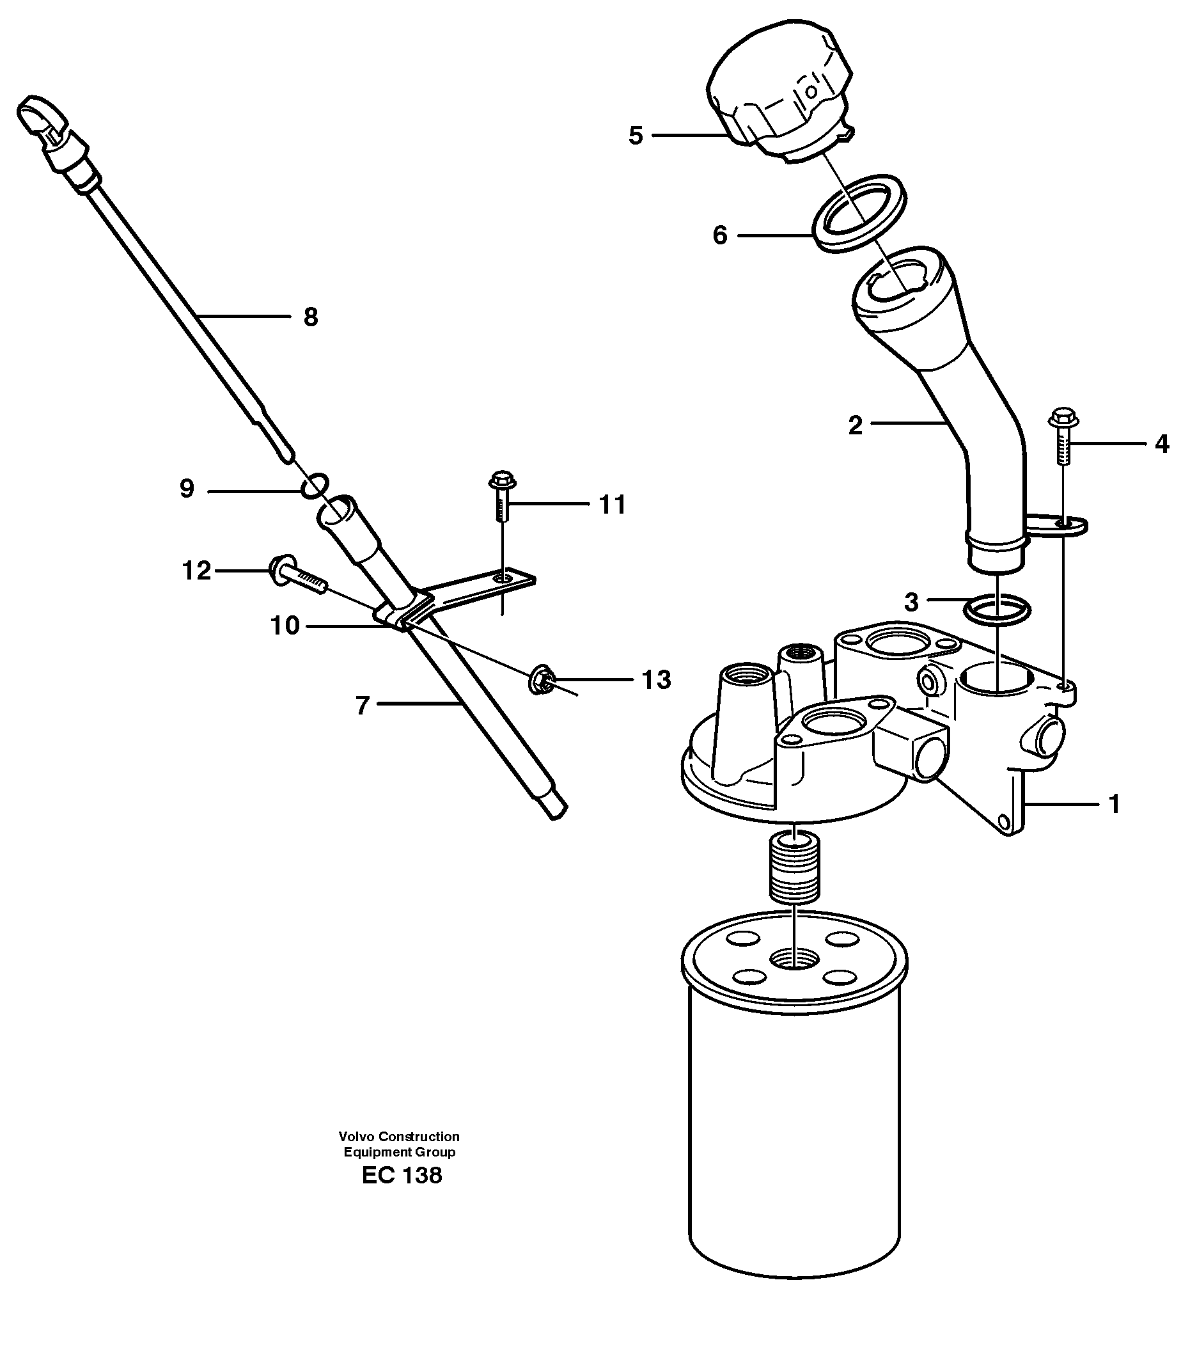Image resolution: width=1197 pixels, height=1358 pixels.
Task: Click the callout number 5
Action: click(636, 136)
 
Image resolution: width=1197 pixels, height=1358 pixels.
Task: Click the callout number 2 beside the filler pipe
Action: click(855, 425)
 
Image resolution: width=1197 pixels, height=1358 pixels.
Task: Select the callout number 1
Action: click(1115, 805)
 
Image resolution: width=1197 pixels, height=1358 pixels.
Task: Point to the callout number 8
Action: click(310, 317)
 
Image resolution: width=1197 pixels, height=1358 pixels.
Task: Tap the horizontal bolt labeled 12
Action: click(295, 574)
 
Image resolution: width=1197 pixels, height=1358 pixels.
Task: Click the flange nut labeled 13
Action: click(540, 680)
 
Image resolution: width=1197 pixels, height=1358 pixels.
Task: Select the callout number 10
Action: click(285, 626)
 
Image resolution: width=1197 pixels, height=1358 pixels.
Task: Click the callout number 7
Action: click(361, 706)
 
